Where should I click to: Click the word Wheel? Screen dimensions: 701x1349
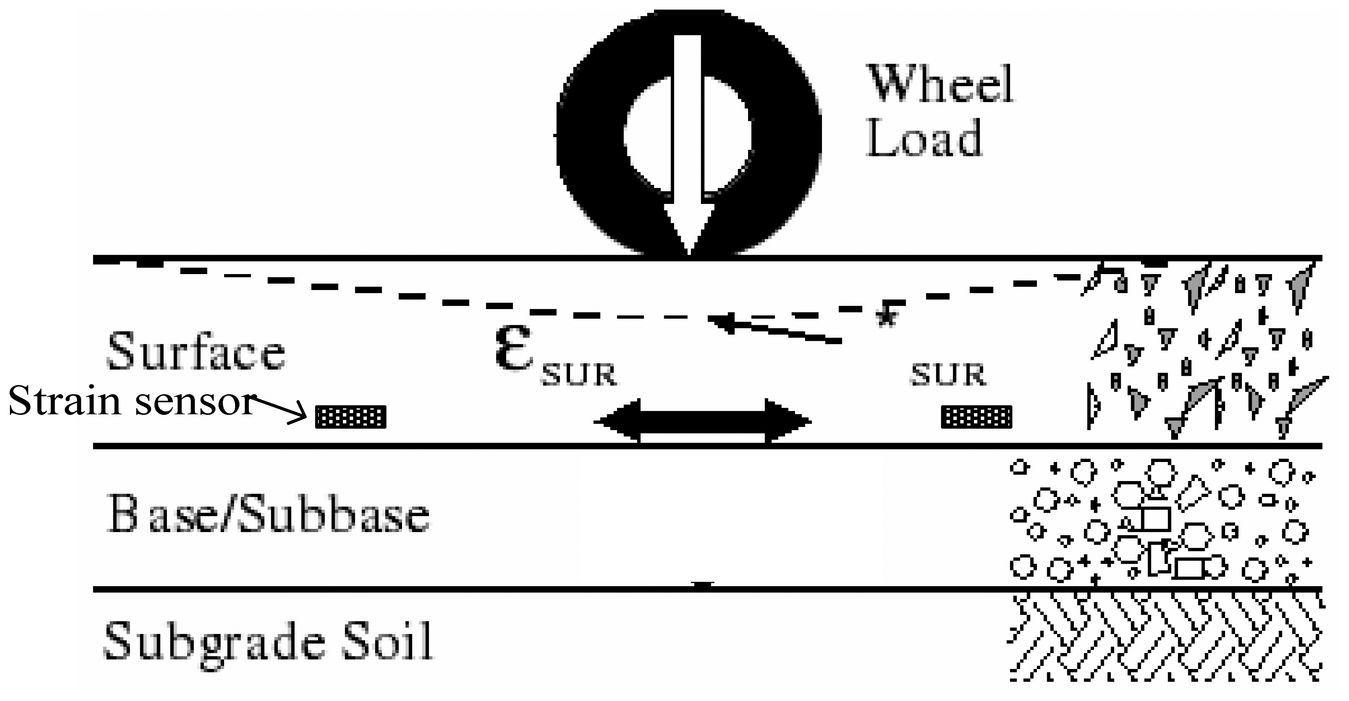point(940,85)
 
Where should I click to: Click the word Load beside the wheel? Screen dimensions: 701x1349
point(924,138)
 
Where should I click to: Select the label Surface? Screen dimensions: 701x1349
point(196,351)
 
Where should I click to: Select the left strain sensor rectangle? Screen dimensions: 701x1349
point(350,417)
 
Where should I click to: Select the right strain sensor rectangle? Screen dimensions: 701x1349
point(977,417)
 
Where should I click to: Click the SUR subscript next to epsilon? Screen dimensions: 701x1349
point(579,375)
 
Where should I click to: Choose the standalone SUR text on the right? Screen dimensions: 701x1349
point(948,375)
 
